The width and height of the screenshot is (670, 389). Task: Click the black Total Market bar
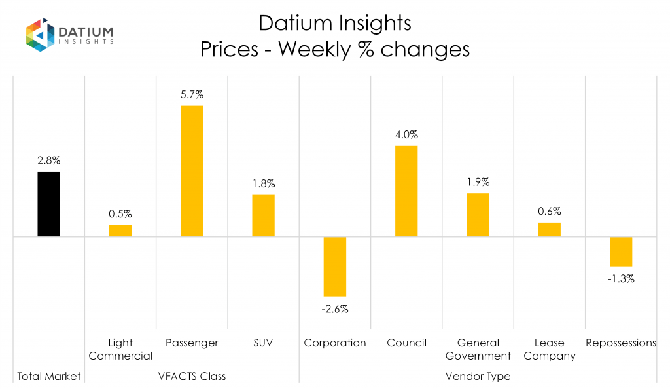click(49, 204)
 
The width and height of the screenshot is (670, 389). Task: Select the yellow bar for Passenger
click(192, 171)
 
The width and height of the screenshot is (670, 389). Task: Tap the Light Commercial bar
click(120, 231)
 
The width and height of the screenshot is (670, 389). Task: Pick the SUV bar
click(264, 215)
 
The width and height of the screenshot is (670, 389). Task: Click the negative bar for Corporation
click(335, 267)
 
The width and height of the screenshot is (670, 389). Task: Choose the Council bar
click(406, 191)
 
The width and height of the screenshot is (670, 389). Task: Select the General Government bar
click(478, 215)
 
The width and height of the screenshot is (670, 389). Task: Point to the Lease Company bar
click(550, 229)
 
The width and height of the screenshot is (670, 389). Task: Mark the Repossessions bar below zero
click(621, 251)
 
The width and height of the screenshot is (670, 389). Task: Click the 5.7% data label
click(192, 94)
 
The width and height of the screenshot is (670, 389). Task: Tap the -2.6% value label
click(335, 309)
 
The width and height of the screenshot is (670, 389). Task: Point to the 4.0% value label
click(406, 135)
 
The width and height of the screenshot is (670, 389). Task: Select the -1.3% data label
click(621, 278)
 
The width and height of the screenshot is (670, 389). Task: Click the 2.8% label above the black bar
click(49, 160)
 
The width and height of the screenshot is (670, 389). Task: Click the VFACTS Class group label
click(192, 377)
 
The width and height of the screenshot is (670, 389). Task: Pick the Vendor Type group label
click(478, 377)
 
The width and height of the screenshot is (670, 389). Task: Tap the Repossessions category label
click(621, 343)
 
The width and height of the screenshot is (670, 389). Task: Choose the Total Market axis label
click(49, 377)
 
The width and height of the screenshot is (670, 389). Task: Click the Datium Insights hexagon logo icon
click(39, 35)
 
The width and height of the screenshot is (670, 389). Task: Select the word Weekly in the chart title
click(307, 49)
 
